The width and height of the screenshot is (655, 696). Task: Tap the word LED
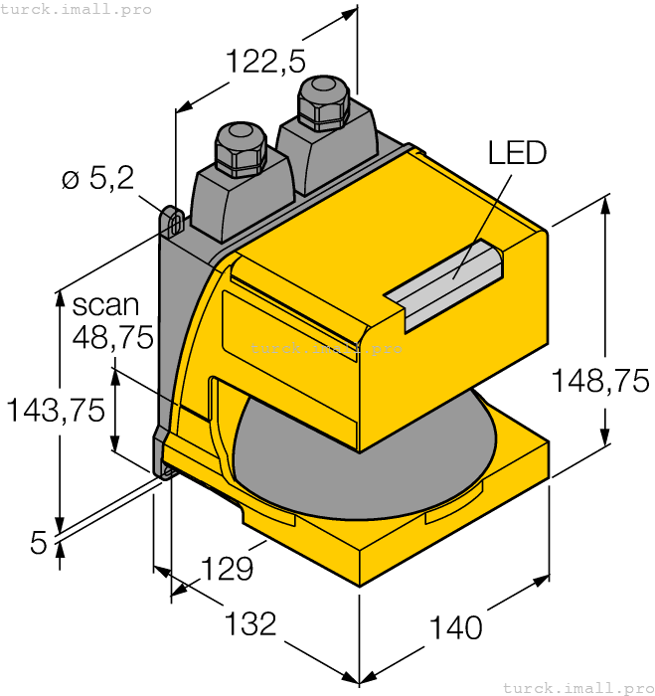click(517, 152)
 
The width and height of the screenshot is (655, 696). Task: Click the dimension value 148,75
click(601, 380)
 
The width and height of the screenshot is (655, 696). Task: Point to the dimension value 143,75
click(56, 410)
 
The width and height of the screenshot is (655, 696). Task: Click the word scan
click(106, 304)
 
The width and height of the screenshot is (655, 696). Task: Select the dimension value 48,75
click(112, 338)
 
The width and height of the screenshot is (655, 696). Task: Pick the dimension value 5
click(39, 542)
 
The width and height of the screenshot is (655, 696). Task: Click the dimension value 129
click(227, 569)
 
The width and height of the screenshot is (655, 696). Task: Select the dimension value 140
click(455, 627)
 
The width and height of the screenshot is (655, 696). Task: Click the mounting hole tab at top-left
click(171, 221)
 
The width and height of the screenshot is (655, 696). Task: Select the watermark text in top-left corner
click(77, 9)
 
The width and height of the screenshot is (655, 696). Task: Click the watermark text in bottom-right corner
click(577, 687)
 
